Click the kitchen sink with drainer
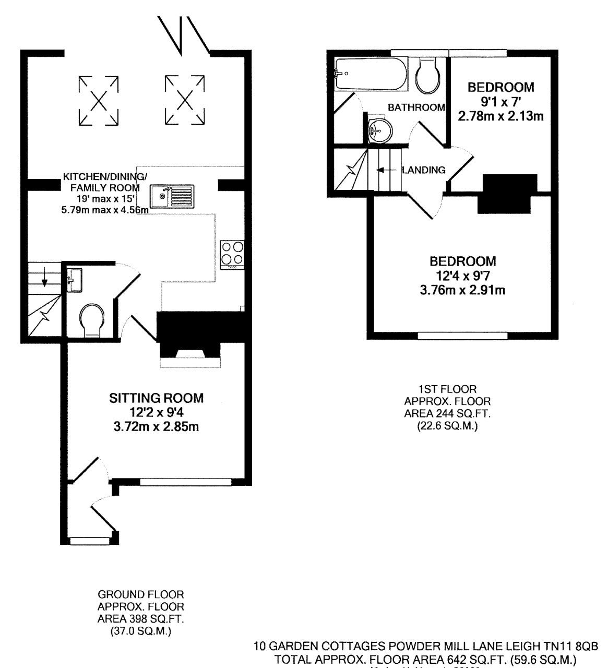172,196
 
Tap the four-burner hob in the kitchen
232,254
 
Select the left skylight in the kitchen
98,101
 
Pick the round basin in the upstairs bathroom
379,127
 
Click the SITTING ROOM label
156,398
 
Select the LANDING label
424,170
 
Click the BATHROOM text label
416,108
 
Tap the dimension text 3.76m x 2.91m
462,290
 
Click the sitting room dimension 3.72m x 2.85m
157,427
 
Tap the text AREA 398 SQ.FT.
141,619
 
